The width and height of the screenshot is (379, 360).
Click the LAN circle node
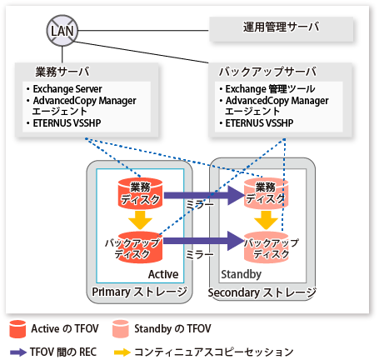pyautogui.click(x=62, y=31)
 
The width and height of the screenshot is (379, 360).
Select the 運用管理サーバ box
pyautogui.click(x=281, y=29)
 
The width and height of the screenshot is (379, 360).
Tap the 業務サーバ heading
pyautogui.click(x=62, y=72)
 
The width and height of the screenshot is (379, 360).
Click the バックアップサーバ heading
pyautogui.click(x=267, y=72)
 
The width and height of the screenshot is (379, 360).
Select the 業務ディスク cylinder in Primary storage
pyautogui.click(x=140, y=193)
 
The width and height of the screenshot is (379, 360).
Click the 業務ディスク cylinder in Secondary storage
pyautogui.click(x=266, y=193)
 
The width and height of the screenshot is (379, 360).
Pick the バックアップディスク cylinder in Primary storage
pyautogui.click(x=140, y=247)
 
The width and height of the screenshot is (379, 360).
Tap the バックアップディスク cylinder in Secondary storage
pyautogui.click(x=266, y=247)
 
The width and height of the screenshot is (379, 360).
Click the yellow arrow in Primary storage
pyautogui.click(x=140, y=220)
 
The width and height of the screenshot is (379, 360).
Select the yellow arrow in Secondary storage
pyautogui.click(x=266, y=220)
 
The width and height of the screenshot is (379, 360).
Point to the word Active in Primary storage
pyautogui.click(x=163, y=274)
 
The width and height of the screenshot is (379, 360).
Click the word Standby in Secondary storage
pyautogui.click(x=241, y=274)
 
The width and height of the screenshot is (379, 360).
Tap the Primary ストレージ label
pyautogui.click(x=139, y=292)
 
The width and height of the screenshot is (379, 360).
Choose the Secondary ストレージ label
pyautogui.click(x=262, y=292)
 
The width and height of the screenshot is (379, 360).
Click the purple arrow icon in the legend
pyautogui.click(x=18, y=352)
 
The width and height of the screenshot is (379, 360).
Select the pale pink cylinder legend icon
pyautogui.click(x=121, y=329)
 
